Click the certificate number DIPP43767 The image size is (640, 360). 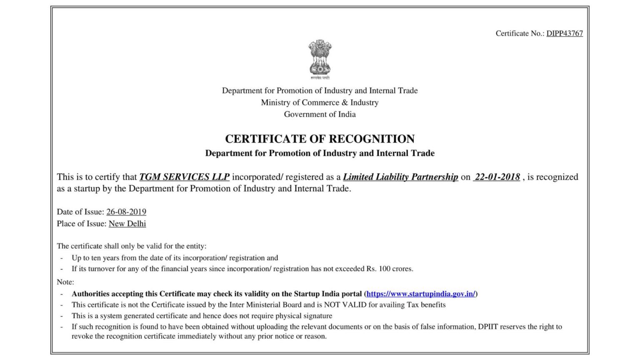tap(565, 33)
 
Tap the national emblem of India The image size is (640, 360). tap(320, 58)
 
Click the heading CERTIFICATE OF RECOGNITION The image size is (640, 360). tap(320, 139)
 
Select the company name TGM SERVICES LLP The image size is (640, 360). tap(184, 177)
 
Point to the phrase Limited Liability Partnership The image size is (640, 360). tap(400, 177)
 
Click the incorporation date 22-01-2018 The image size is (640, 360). tap(497, 177)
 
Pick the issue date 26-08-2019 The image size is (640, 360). tap(126, 212)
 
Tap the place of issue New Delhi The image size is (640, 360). tap(127, 224)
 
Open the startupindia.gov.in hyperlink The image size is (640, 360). tap(421, 294)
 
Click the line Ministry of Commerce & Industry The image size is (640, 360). tap(320, 102)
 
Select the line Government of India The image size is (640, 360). tap(320, 114)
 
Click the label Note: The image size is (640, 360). tap(65, 282)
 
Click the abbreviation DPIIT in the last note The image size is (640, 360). tap(488, 327)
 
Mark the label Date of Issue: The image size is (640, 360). tap(80, 212)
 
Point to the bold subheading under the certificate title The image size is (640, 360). tap(320, 153)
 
